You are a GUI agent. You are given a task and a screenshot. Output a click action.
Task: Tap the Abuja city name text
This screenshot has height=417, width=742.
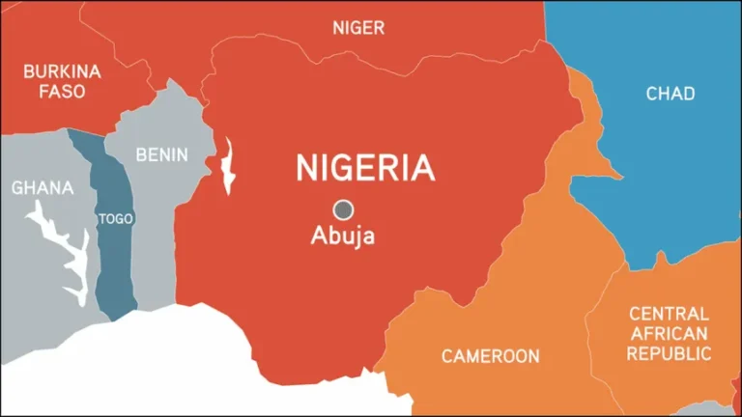coord(342,235)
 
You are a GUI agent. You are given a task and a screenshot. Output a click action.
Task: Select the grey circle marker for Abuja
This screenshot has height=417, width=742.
coord(342,208)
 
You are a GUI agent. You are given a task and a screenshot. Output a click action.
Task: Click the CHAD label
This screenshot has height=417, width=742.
coord(670,94)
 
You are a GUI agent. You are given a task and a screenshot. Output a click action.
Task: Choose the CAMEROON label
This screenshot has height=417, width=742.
coord(490,356)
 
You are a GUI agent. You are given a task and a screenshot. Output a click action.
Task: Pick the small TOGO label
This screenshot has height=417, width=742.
coord(116,219)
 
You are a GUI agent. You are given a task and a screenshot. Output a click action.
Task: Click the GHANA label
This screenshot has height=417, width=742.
coord(42,187)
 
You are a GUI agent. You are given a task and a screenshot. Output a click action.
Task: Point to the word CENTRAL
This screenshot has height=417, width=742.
coord(669,314)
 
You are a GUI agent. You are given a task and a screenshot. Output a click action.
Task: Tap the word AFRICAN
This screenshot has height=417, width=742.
coord(669,334)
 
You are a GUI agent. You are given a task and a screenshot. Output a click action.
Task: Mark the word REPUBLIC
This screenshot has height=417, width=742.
coord(669,354)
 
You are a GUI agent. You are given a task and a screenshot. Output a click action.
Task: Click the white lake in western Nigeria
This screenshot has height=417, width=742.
coord(228,167)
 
